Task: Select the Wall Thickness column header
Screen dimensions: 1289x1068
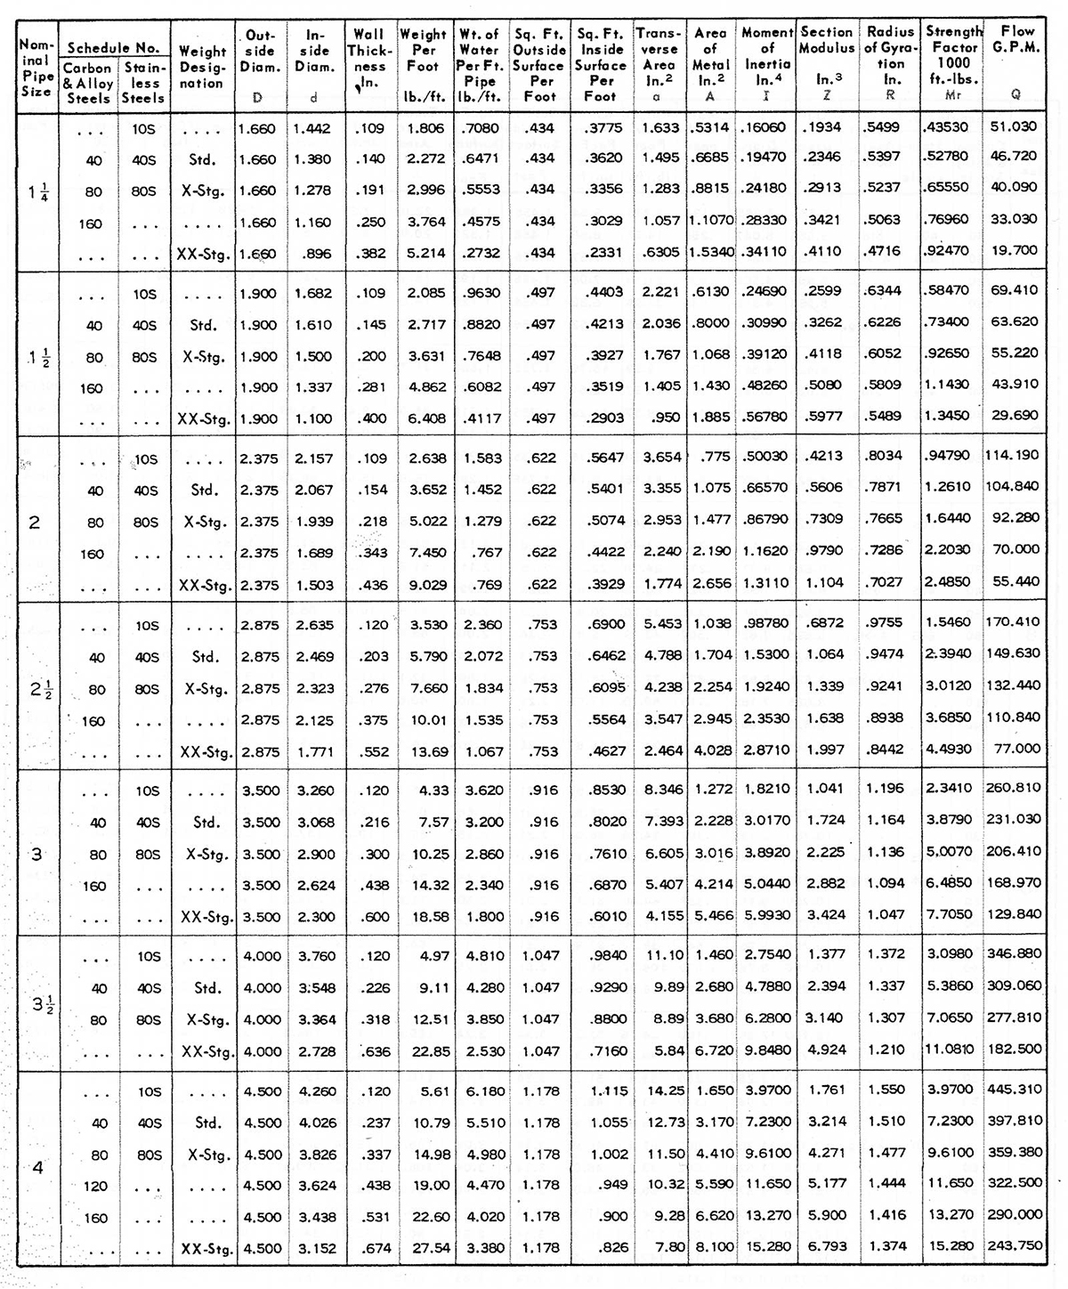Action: pyautogui.click(x=368, y=58)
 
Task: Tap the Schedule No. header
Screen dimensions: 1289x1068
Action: pyautogui.click(x=114, y=48)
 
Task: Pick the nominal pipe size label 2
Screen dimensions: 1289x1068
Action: pyautogui.click(x=35, y=522)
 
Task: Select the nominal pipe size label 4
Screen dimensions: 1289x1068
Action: pyautogui.click(x=37, y=1167)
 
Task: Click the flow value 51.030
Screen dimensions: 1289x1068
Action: pyautogui.click(x=1014, y=127)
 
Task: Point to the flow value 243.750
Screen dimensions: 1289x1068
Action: pyautogui.click(x=1015, y=1245)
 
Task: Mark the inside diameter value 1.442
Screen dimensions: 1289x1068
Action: pyautogui.click(x=314, y=128)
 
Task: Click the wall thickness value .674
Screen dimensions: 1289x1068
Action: pyautogui.click(x=373, y=1248)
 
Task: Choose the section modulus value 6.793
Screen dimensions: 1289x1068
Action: pyautogui.click(x=827, y=1246)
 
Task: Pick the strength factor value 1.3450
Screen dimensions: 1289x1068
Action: pyautogui.click(x=950, y=416)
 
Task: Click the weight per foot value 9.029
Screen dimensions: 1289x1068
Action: pyautogui.click(x=427, y=585)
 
